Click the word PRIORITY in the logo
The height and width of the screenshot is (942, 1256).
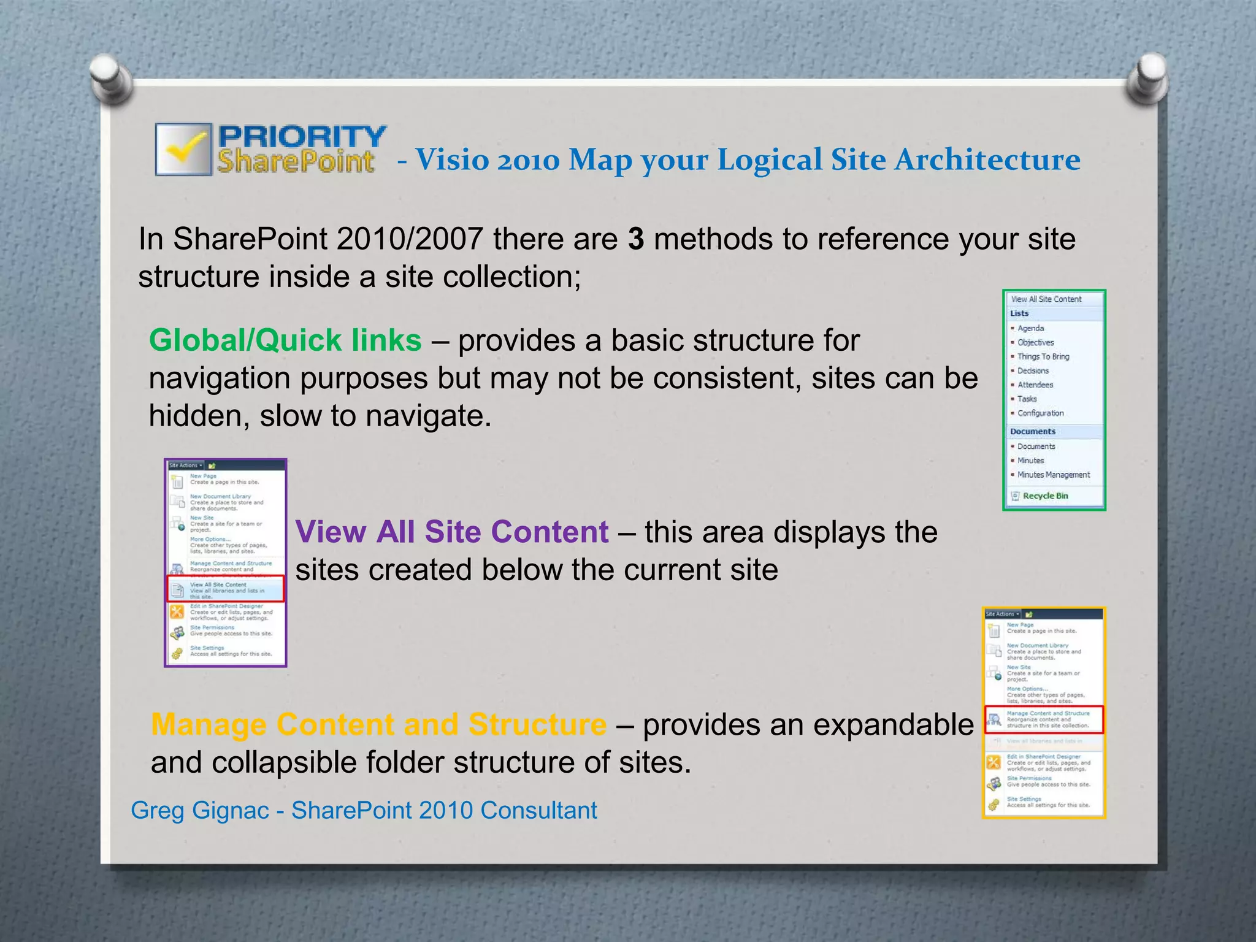pyautogui.click(x=302, y=136)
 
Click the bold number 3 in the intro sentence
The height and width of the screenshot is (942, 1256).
pyautogui.click(x=636, y=239)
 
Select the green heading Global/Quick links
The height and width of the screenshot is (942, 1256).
pyautogui.click(x=285, y=340)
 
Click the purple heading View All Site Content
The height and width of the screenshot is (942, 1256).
pyautogui.click(x=452, y=532)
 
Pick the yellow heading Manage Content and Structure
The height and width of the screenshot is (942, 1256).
pyautogui.click(x=378, y=724)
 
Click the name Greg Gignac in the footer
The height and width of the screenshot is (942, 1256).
pyautogui.click(x=200, y=810)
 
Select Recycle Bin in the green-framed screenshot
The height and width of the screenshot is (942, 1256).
pyautogui.click(x=1045, y=496)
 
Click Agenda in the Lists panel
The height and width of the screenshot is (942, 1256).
pyautogui.click(x=1030, y=328)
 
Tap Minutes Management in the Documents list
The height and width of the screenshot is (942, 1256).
pyautogui.click(x=1053, y=475)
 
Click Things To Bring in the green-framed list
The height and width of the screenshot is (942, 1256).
pyautogui.click(x=1043, y=356)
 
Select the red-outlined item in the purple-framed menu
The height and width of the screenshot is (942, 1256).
pyautogui.click(x=226, y=589)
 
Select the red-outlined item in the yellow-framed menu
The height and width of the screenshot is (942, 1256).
pyautogui.click(x=1044, y=719)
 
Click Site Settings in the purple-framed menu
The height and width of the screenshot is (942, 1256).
pyautogui.click(x=207, y=648)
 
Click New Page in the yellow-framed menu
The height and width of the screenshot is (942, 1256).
pyautogui.click(x=1020, y=624)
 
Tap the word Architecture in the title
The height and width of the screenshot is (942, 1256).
pyautogui.click(x=987, y=160)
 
